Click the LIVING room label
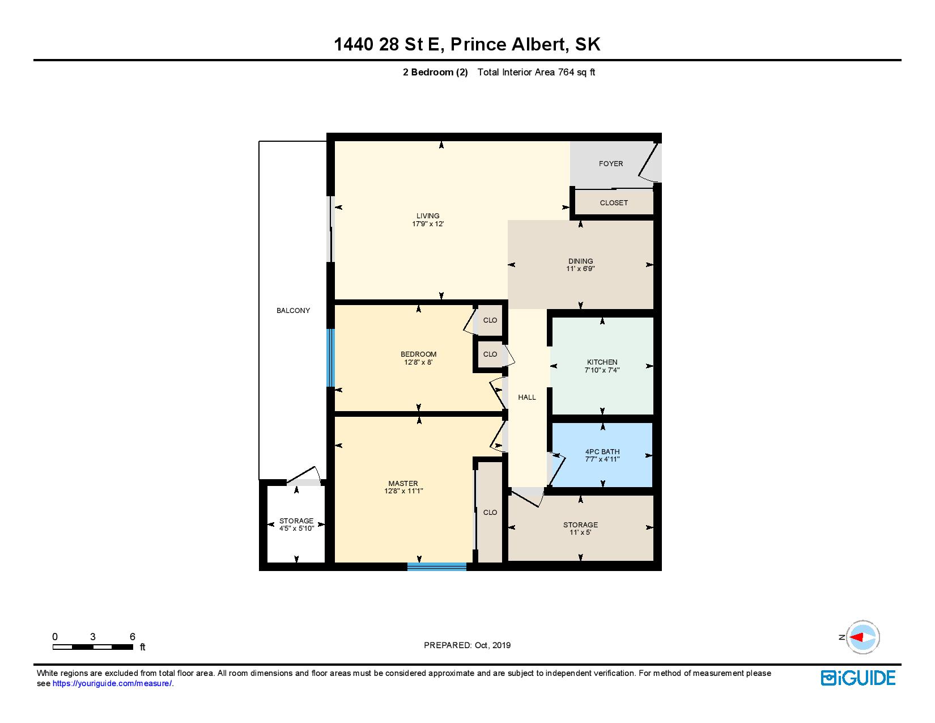(x=428, y=215)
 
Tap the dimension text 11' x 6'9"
(x=580, y=269)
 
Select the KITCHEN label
(x=602, y=362)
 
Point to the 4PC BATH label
(x=602, y=452)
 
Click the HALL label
(x=527, y=398)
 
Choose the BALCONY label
(x=293, y=311)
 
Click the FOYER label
(x=611, y=164)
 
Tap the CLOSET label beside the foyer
(x=614, y=203)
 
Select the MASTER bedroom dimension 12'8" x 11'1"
(x=403, y=492)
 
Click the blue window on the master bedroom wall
(x=436, y=566)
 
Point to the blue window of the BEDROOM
(x=330, y=358)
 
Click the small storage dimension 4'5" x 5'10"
(x=296, y=528)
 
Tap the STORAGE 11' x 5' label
(x=580, y=525)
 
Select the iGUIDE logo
(x=858, y=678)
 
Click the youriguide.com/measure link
(x=112, y=684)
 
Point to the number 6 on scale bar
(x=132, y=637)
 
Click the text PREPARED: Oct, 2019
(x=467, y=645)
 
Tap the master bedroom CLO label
(x=490, y=513)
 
